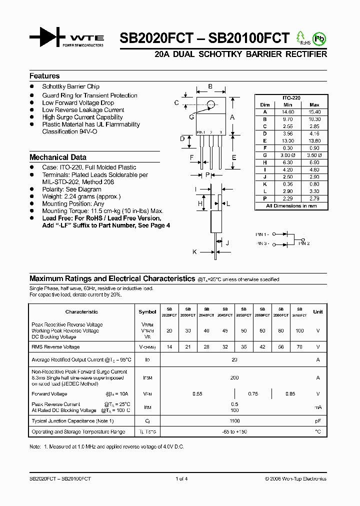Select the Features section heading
pos(44,76)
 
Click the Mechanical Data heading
pos(57,157)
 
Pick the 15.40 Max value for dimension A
pos(314,112)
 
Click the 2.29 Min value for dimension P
pos(287,199)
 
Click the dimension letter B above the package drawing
pos(210,86)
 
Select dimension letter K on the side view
pos(194,252)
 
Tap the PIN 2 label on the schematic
pos(304,243)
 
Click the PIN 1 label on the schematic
pos(262,234)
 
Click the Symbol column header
pos(147,311)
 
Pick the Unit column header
pos(318,311)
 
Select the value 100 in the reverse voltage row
pos(299,331)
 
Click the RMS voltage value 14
pos(169,346)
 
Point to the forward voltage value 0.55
pos(197,394)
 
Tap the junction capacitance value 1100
pos(234,421)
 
